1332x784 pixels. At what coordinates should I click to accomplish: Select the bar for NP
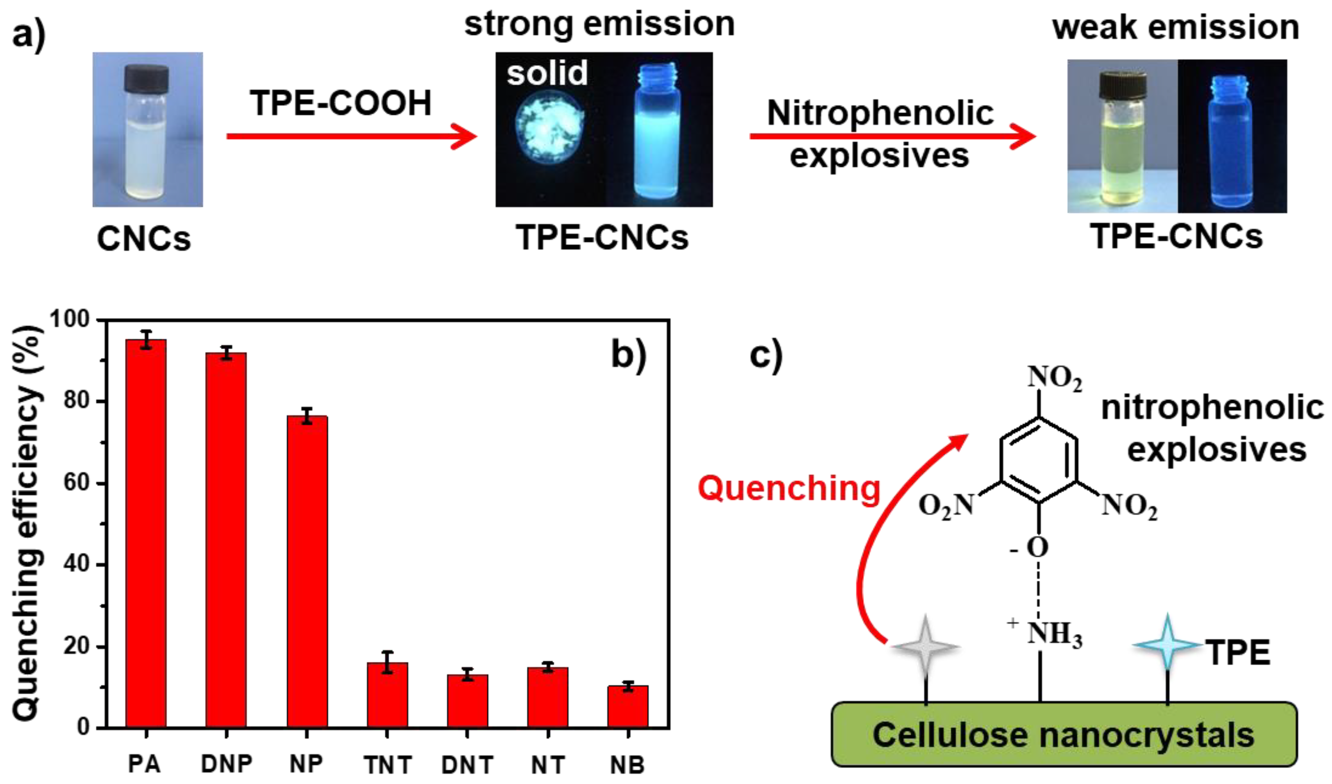click(307, 571)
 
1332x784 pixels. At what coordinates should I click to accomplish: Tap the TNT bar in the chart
click(388, 695)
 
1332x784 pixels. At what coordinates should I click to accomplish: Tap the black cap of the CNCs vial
click(146, 78)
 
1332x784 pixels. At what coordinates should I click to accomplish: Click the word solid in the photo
click(547, 73)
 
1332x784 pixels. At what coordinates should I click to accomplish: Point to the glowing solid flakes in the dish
click(550, 127)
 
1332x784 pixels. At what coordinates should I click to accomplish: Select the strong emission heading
click(599, 24)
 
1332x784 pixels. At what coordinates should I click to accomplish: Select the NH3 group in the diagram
click(1053, 633)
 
